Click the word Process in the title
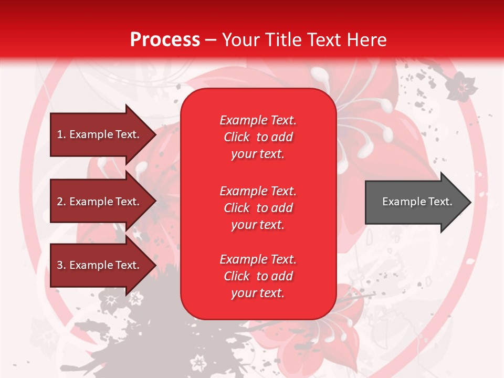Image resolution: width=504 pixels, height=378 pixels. click(165, 40)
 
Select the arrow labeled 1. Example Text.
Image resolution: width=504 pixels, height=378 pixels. click(100, 134)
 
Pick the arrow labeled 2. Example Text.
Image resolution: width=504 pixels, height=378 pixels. click(100, 202)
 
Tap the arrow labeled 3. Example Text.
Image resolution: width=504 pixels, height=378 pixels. click(100, 265)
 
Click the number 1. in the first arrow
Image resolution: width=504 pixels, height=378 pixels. click(61, 134)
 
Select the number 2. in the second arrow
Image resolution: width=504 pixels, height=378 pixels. click(61, 202)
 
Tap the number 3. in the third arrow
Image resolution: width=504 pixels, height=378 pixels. click(61, 265)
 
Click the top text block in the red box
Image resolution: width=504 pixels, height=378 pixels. click(258, 137)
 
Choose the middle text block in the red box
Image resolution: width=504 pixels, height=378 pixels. click(258, 207)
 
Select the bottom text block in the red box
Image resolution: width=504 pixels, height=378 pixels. click(258, 276)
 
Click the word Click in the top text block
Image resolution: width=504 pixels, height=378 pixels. click(237, 137)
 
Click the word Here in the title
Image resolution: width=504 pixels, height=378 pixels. click(367, 40)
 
